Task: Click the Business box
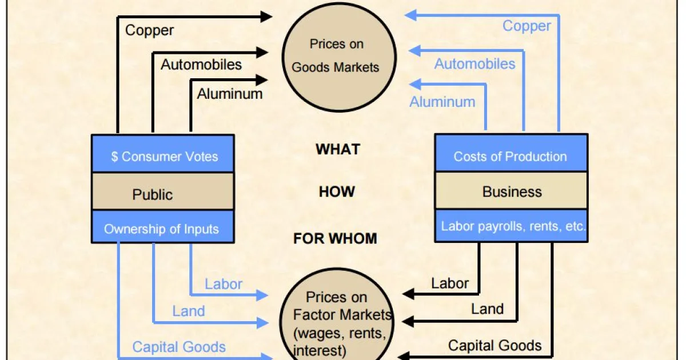tap(510, 191)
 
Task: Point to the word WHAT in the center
tap(338, 150)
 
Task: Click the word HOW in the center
tap(337, 191)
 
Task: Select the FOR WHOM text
tap(336, 238)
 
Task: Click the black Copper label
tap(149, 30)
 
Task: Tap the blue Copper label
tap(527, 26)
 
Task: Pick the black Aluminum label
tap(230, 94)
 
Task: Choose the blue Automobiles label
tap(474, 64)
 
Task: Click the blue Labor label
tap(224, 284)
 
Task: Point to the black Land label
tap(487, 309)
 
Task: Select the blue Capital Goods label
tap(179, 347)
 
